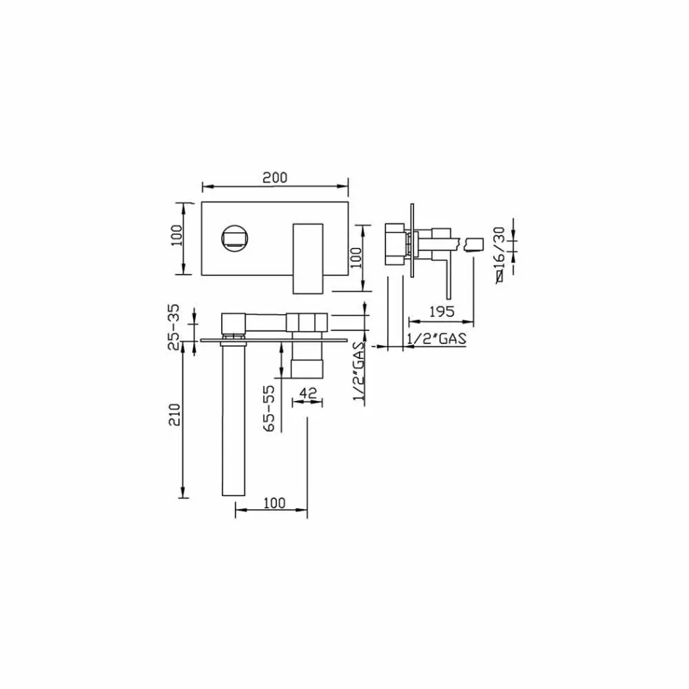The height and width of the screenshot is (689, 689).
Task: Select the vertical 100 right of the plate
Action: [356, 257]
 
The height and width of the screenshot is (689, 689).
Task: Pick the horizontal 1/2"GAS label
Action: [435, 339]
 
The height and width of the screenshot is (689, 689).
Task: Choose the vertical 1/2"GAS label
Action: [358, 370]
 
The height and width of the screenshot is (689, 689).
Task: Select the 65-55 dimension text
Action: [270, 408]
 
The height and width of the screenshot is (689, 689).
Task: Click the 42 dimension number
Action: [308, 392]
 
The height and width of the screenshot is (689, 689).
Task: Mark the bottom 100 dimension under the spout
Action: [273, 503]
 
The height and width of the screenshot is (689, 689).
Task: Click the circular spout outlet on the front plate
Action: [235, 239]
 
